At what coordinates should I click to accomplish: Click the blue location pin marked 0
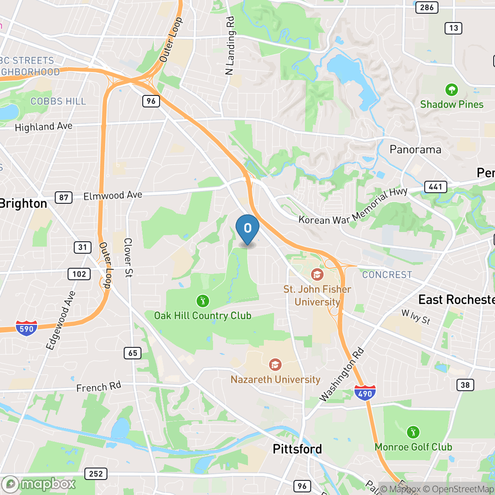point(247,228)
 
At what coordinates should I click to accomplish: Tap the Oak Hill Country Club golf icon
point(202,301)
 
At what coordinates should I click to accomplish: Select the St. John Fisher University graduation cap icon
point(317,274)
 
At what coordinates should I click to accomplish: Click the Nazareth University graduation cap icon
point(275,365)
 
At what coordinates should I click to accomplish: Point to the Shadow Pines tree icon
point(451,90)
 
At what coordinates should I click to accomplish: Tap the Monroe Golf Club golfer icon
point(413,432)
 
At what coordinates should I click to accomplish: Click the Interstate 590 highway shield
point(27,328)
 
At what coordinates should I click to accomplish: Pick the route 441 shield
point(435,187)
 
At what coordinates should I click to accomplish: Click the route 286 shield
point(427,7)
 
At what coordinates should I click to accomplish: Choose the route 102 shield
point(79,274)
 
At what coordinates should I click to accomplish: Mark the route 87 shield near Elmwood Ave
point(64,197)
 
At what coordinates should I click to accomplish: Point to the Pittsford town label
point(297,449)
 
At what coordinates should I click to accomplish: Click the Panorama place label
point(415,149)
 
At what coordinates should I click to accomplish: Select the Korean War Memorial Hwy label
point(354,207)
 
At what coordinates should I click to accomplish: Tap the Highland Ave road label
point(43,127)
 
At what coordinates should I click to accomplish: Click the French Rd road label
point(99,388)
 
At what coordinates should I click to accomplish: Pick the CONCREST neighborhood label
point(387,274)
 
